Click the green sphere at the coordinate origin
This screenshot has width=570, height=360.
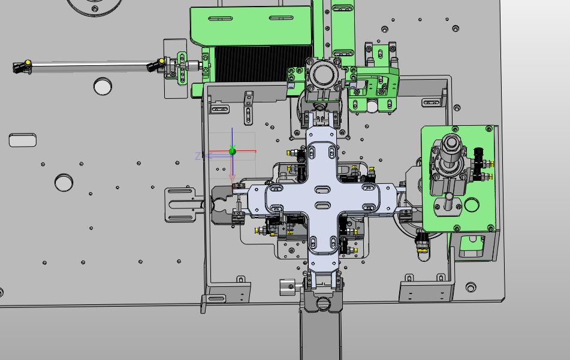[x=233, y=151]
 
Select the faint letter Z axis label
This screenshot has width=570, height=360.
[x=198, y=156]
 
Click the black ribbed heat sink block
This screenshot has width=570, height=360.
[x=263, y=64]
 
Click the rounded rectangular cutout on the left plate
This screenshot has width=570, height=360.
[x=23, y=140]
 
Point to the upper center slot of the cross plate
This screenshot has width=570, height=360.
[x=322, y=189]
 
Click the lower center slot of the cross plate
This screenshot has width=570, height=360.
[x=322, y=206]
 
